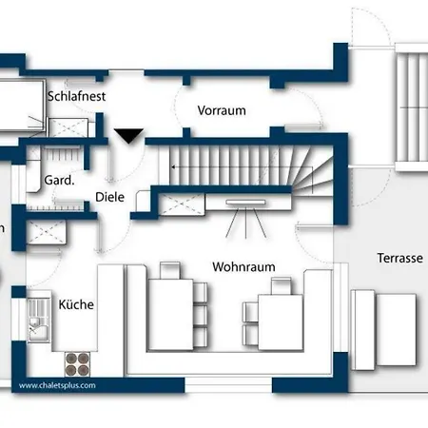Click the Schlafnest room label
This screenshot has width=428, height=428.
pos(76,96)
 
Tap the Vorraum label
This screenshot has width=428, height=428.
pos(222,110)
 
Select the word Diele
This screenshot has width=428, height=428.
pos(109,197)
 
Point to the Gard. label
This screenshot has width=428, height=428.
pos(59,180)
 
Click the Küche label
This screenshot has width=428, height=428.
pos(76,304)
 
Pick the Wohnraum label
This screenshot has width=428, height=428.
pos(243,266)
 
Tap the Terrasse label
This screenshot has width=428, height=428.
pos(399,258)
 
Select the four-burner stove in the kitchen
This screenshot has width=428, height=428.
pos(77,364)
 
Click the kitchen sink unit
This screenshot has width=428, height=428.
pos(39,320)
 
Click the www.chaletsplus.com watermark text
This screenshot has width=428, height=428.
pos(57,385)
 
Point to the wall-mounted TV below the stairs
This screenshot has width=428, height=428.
pos(245,202)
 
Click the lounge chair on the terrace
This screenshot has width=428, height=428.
pos(384,330)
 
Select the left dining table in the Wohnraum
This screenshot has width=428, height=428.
pos(171,314)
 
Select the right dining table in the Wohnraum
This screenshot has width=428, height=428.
pos(281,322)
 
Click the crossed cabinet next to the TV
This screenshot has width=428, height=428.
pos(182,204)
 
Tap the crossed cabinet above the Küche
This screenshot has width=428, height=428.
pos(47,232)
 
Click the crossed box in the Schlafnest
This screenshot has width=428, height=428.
pos(68,127)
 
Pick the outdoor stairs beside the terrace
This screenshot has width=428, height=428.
pos(412,107)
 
